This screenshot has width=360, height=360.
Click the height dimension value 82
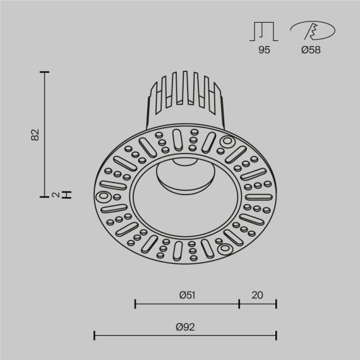tap(35, 134)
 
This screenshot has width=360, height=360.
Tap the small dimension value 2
tap(56, 195)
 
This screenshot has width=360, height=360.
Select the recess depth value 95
tap(264, 50)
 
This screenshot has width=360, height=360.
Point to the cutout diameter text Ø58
tap(310, 50)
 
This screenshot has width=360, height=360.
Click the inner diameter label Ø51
tap(186, 294)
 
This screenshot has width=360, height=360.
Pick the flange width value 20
tap(258, 294)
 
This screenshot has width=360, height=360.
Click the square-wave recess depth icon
tap(264, 30)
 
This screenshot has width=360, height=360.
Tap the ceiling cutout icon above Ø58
tap(310, 30)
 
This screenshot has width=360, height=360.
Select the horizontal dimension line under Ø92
tap(185, 335)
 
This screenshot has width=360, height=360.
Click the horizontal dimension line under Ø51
tap(187, 304)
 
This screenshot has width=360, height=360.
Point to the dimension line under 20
tap(258, 304)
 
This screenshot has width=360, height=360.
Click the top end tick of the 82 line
tap(45, 73)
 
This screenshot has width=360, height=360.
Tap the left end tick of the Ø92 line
tap(94, 335)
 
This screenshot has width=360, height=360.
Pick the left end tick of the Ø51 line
tap(135, 304)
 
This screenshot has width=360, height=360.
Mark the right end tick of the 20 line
tap(276, 304)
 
